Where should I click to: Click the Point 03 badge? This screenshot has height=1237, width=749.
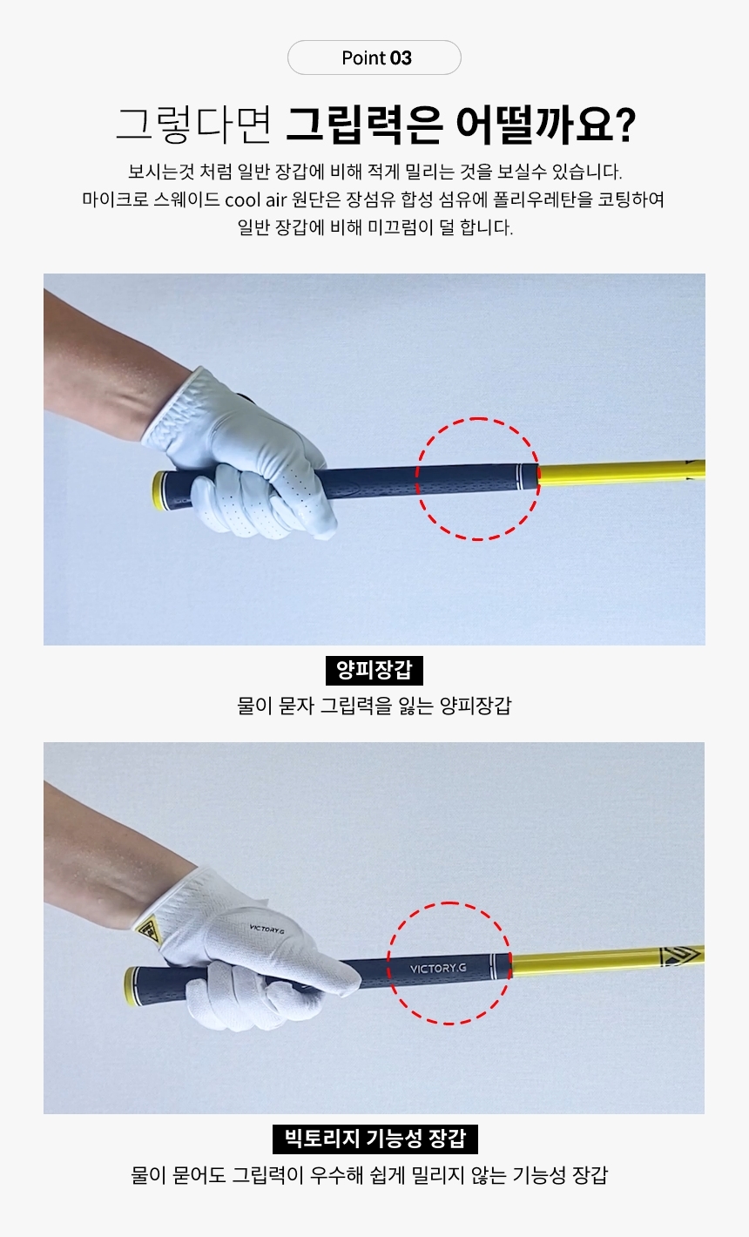[x=374, y=57]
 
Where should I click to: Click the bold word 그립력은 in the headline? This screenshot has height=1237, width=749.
[x=365, y=125]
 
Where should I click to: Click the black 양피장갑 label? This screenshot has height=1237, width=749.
[x=374, y=671]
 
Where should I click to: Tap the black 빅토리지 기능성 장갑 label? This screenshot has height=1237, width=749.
[x=374, y=1139]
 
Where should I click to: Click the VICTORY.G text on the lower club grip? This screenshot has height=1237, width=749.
[x=438, y=968]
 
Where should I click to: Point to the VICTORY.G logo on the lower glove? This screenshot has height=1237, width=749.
[x=267, y=929]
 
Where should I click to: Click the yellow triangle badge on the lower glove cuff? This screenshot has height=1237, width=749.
[x=148, y=931]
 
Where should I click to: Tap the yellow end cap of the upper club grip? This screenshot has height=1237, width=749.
[x=159, y=491]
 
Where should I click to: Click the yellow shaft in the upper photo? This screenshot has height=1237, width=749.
[x=622, y=473]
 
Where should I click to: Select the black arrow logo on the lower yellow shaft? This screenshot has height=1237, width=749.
[x=679, y=956]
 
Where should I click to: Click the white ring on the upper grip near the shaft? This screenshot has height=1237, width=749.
[x=519, y=477]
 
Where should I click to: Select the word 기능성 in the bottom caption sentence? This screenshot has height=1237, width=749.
[x=539, y=1174]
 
